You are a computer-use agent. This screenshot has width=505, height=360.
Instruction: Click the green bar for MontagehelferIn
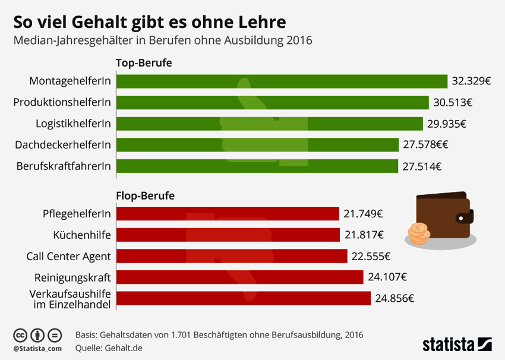tap(282, 81)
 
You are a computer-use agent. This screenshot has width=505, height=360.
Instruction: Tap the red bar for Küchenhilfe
tap(229, 235)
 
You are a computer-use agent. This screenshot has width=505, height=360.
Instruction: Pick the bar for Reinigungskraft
tap(240, 277)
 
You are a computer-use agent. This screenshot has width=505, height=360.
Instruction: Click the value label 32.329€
tap(471, 81)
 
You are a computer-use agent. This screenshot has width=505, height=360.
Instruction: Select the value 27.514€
tap(422, 166)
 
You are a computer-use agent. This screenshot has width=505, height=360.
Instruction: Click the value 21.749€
tap(363, 214)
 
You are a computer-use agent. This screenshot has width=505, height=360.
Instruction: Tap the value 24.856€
tap(394, 298)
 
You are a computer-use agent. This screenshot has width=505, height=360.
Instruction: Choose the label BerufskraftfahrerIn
tap(64, 166)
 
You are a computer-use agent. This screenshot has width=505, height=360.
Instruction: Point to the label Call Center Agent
tap(69, 256)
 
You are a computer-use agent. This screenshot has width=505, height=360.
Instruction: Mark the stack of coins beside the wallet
tap(418, 233)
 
